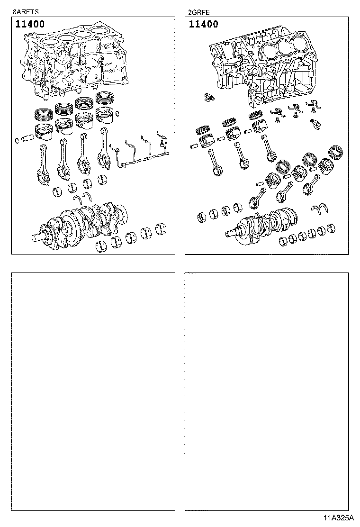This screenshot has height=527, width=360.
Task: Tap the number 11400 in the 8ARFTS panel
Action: (30, 24)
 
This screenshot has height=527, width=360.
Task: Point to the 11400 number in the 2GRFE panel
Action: (203, 24)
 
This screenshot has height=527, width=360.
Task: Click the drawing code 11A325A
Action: (338, 518)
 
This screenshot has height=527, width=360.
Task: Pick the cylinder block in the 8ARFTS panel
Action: (76, 62)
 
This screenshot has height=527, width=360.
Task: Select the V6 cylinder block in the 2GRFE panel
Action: (265, 66)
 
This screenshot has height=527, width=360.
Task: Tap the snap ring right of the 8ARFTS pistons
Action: (118, 113)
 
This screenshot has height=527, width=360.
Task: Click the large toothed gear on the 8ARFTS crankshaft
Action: (71, 229)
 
